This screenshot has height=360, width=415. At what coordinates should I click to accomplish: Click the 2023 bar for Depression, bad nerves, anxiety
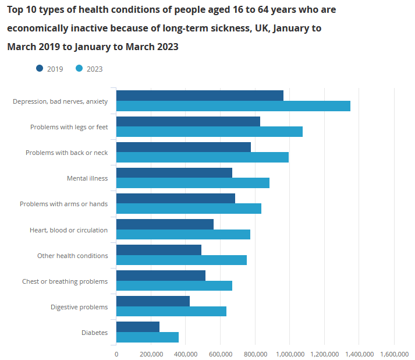click(233, 106)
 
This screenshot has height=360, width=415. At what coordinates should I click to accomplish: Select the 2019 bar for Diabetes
click(138, 327)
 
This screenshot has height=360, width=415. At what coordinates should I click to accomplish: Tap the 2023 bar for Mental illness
click(193, 183)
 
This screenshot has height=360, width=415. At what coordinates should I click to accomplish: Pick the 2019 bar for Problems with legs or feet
click(188, 121)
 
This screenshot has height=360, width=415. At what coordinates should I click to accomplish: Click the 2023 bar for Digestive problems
click(171, 312)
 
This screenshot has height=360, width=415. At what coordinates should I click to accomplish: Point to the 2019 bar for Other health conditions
click(159, 250)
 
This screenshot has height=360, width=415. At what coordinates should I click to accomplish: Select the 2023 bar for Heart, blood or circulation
click(183, 234)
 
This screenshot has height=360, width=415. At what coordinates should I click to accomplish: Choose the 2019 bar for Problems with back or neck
click(183, 147)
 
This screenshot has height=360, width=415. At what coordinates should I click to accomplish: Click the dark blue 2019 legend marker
click(40, 68)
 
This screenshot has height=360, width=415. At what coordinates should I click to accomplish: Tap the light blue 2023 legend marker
click(79, 68)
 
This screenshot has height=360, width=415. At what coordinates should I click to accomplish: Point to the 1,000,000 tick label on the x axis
click(290, 354)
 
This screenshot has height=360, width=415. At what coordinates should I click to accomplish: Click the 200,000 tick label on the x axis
click(151, 354)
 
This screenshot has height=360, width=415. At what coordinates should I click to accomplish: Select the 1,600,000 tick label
click(394, 354)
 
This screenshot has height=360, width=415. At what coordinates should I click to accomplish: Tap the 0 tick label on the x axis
click(116, 354)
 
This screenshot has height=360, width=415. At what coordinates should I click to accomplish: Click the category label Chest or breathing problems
click(65, 281)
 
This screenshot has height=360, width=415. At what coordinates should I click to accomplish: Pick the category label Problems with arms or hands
click(63, 204)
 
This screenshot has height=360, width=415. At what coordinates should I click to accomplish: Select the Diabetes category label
click(94, 333)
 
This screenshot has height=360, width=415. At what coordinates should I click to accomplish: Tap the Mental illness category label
click(87, 178)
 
